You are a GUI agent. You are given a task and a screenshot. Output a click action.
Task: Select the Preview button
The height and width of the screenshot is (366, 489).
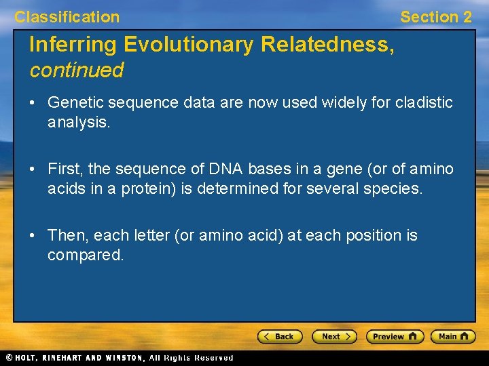click(x=395, y=336)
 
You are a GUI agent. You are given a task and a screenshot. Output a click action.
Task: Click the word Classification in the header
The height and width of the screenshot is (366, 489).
click(x=67, y=17)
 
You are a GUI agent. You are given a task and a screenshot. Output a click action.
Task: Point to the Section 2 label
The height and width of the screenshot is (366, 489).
click(x=435, y=17)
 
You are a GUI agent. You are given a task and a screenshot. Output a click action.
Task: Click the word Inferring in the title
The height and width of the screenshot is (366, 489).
click(x=73, y=45)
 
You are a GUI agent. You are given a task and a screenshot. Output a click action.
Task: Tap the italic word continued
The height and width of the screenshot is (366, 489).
click(x=76, y=70)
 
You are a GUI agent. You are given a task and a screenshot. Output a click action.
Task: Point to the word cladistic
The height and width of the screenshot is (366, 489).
click(x=424, y=102)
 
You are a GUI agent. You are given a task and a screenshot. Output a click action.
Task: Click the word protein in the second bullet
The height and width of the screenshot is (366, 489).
click(x=147, y=188)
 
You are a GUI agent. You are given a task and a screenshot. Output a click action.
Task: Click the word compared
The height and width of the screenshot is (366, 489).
click(x=86, y=256)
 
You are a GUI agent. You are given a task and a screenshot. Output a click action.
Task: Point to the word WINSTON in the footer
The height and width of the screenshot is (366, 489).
click(x=124, y=357)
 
